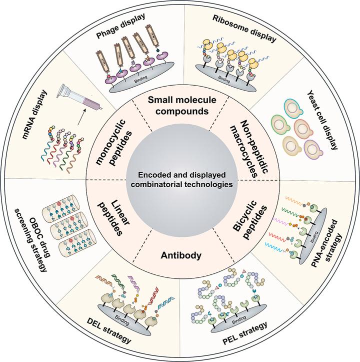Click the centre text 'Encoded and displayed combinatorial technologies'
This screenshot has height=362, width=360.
179,180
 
